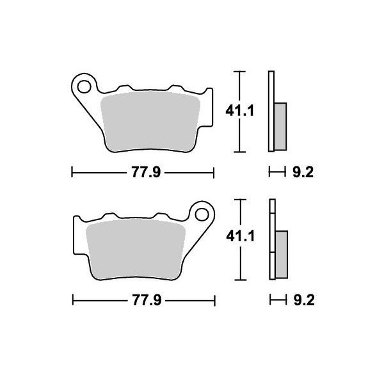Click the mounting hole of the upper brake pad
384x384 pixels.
82,83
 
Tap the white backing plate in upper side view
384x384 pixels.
271,112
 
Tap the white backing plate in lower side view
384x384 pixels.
271,240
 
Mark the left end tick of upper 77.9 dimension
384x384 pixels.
72,172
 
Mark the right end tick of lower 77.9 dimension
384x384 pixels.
214,300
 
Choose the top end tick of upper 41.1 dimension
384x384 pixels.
239,71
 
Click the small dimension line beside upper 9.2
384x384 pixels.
276,172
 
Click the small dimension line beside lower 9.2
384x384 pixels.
276,300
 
